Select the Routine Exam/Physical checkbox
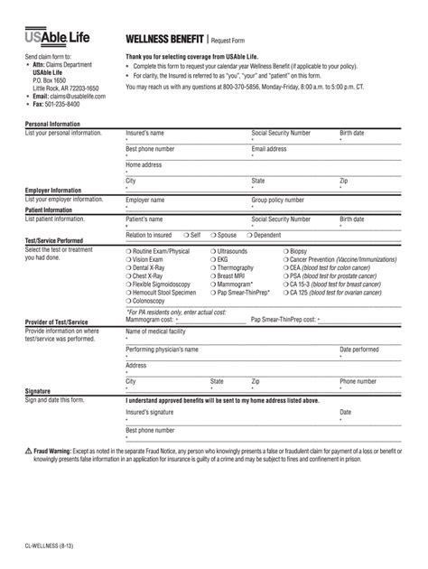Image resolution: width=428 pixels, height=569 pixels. (128, 251)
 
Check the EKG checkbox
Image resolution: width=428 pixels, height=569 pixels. (213, 259)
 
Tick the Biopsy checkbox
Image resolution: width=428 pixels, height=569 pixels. (285, 251)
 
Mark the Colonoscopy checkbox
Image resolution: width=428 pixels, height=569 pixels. (128, 301)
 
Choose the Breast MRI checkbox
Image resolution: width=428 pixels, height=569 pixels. (213, 276)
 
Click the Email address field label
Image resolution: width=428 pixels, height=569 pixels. (269, 148)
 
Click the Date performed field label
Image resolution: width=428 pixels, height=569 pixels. (359, 349)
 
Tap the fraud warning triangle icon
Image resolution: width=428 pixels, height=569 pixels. (29, 451)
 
